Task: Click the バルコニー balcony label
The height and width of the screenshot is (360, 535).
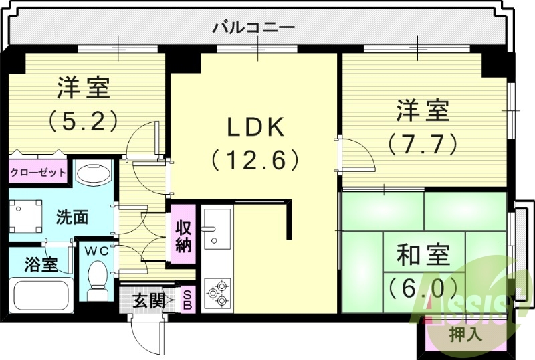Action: [253, 28]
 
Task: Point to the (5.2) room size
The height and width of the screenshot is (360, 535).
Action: [84, 120]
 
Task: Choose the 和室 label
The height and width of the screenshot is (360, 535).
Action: [423, 256]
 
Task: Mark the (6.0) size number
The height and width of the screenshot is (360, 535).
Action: [423, 288]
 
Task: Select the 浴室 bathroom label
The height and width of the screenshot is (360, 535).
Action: [41, 264]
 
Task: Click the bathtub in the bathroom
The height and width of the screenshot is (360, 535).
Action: [41, 295]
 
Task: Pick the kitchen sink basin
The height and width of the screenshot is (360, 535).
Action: [217, 228]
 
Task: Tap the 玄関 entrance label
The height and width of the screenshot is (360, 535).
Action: [148, 301]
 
